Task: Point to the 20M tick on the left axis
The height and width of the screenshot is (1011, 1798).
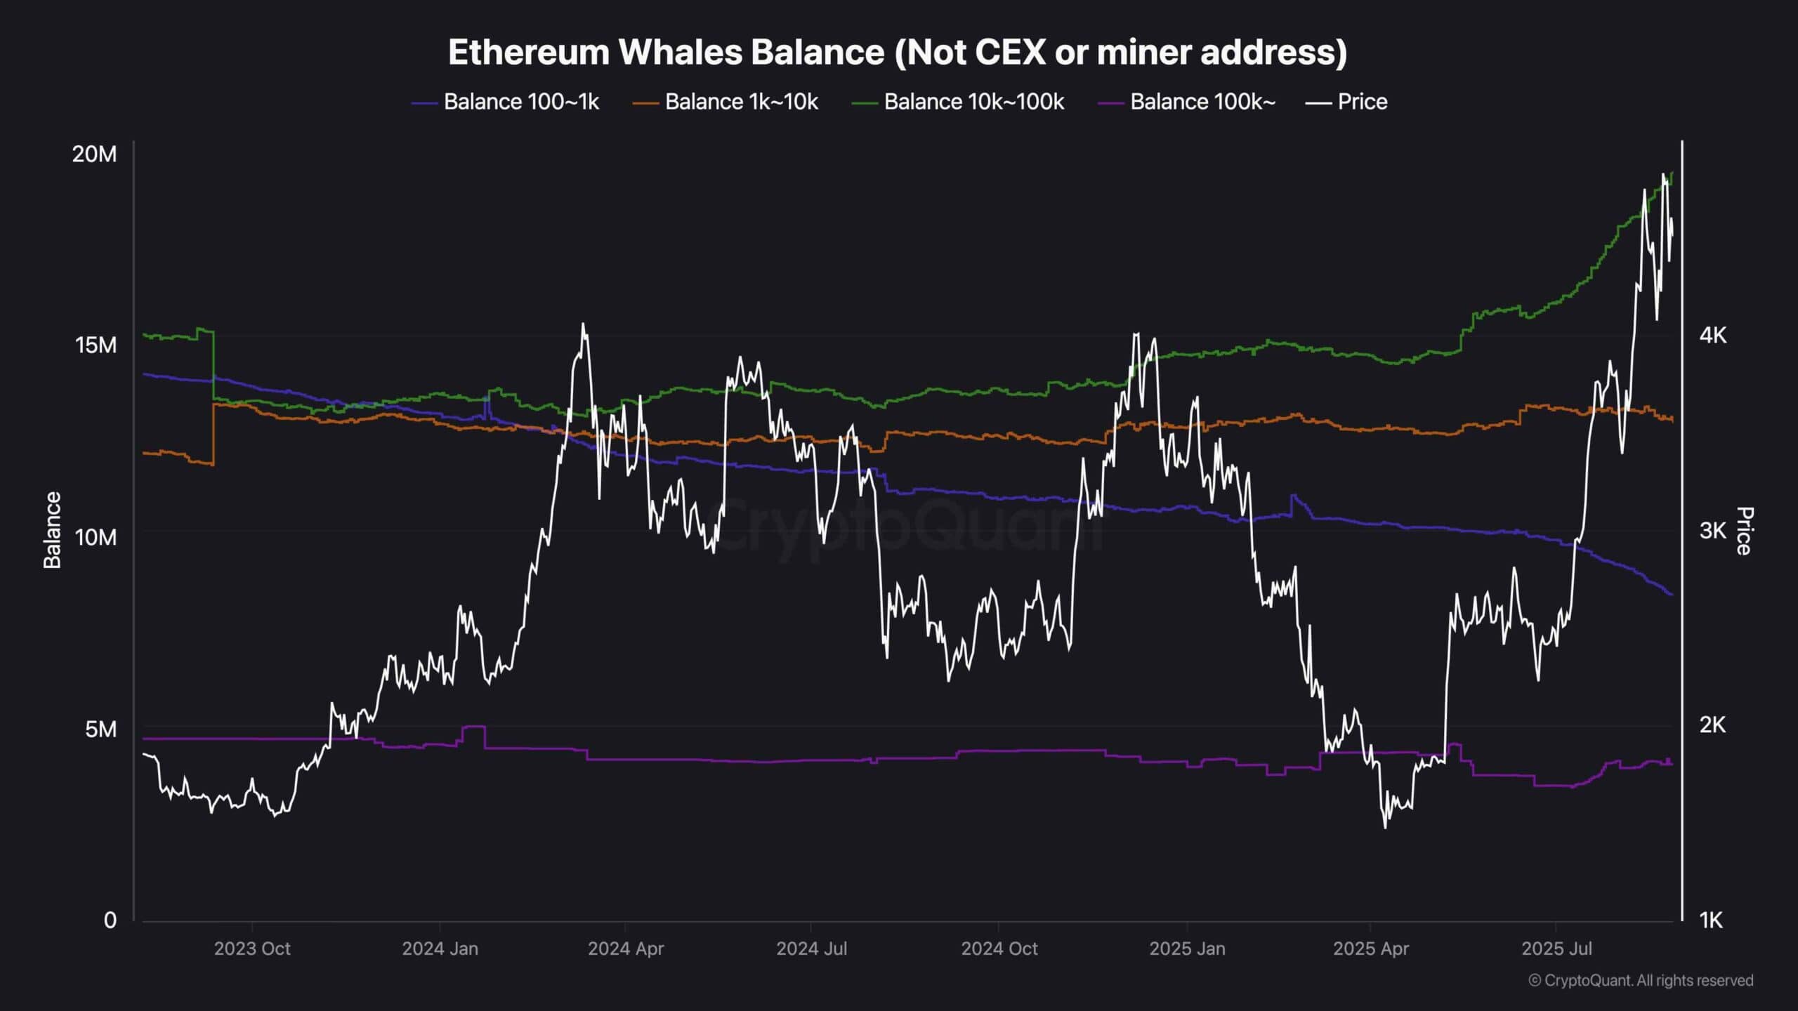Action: click(x=94, y=154)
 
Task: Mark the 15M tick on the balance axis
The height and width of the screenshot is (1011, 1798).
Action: click(x=96, y=345)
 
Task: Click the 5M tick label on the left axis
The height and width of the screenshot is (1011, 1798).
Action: click(x=100, y=729)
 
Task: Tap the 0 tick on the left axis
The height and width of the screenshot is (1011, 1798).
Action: click(x=110, y=920)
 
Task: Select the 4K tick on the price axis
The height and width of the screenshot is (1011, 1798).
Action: click(x=1712, y=335)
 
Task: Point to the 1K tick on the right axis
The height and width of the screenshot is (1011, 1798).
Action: click(x=1711, y=920)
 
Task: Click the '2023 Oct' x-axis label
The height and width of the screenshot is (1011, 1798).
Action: click(x=252, y=949)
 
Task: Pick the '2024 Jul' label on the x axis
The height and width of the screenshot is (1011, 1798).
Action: click(x=811, y=949)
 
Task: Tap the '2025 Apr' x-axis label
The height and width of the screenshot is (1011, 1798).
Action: click(x=1370, y=949)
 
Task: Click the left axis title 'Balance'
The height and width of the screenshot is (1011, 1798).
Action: click(x=53, y=529)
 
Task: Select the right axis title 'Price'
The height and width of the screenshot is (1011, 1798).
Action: click(x=1744, y=531)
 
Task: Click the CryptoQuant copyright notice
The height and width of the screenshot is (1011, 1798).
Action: click(x=1641, y=980)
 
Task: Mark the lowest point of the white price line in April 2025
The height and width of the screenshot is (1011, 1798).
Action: click(x=1385, y=828)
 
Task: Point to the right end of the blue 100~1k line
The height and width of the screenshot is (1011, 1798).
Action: click(x=1672, y=595)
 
